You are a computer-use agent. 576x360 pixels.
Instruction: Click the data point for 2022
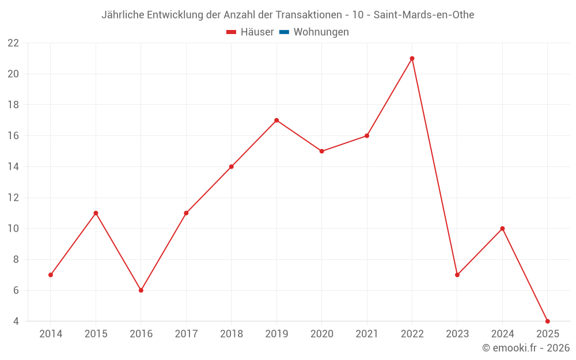point(412,58)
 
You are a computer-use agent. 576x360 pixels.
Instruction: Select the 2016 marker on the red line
point(141,290)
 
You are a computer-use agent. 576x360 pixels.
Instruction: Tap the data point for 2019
point(276,120)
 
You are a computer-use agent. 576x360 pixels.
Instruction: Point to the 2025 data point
point(547,321)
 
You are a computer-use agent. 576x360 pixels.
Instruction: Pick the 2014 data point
point(51,275)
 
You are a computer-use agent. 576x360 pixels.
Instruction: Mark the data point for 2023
point(457,275)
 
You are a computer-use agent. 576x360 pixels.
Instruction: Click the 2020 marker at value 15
point(321,151)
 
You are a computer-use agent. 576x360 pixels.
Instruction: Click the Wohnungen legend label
point(321,32)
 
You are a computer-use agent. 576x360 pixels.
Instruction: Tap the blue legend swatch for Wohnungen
point(284,32)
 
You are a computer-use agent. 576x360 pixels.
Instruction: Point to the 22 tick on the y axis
point(13,43)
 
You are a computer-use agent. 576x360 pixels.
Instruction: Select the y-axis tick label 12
point(13,198)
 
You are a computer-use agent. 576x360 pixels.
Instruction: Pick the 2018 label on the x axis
point(231,334)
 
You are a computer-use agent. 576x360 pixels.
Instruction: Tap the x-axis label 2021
point(367,334)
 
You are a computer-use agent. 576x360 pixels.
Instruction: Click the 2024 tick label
point(502,334)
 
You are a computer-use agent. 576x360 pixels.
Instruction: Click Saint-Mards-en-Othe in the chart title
point(424,15)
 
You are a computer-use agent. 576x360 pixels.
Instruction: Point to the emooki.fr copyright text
point(526,348)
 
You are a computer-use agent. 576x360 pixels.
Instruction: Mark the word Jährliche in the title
point(123,15)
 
